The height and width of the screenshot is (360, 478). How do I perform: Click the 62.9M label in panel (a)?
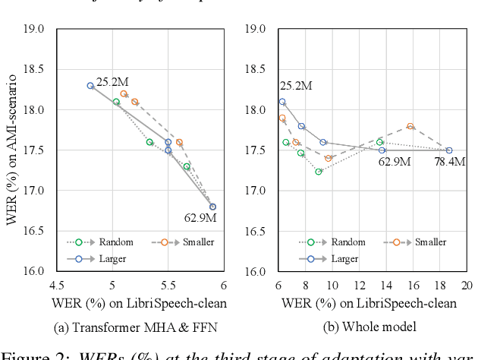[200, 219]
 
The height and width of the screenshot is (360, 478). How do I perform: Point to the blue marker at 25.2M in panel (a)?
[90, 86]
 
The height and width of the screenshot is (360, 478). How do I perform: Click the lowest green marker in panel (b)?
[319, 172]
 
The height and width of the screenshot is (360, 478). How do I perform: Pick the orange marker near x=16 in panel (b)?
[410, 127]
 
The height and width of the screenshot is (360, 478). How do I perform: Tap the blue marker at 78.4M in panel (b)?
[449, 150]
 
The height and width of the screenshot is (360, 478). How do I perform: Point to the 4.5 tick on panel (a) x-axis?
[57, 285]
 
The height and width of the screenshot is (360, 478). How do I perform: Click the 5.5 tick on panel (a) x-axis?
[168, 285]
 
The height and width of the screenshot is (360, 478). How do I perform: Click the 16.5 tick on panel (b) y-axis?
[255, 231]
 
